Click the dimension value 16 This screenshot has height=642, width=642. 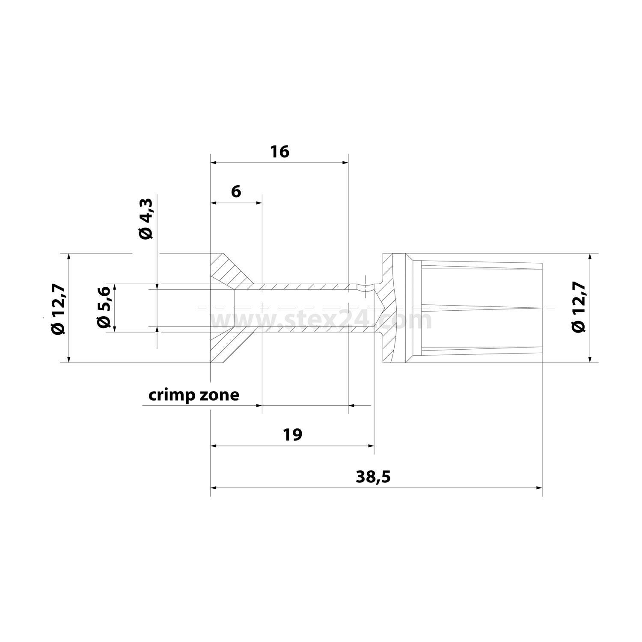[279, 152]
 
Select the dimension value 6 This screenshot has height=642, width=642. [236, 191]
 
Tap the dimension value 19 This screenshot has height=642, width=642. [292, 434]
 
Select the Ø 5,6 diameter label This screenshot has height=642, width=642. [104, 307]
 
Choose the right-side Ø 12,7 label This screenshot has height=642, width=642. [578, 308]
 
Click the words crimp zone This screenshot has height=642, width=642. [193, 395]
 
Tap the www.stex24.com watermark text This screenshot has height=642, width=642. [321, 320]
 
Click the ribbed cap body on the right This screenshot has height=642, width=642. [479, 308]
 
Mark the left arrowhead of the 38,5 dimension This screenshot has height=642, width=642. [214, 487]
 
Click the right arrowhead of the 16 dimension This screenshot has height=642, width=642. [345, 163]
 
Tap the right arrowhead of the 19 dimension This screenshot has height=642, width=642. [371, 446]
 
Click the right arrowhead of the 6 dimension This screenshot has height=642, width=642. [259, 203]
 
